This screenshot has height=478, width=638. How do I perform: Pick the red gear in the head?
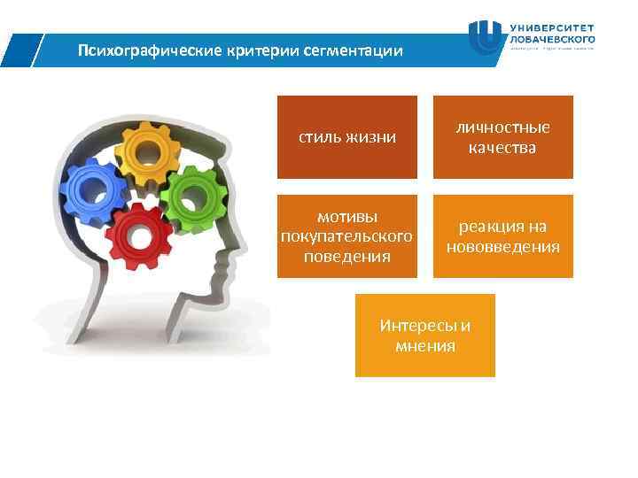point(140,236)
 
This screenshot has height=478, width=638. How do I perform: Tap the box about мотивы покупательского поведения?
point(346,236)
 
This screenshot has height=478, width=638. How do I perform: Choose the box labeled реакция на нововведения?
point(502,236)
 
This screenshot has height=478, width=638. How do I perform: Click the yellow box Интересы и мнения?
point(425,335)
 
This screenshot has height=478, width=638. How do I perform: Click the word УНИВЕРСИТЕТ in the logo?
point(553,27)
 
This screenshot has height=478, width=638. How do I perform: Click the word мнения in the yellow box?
point(425,345)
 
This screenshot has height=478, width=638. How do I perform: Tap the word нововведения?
point(502,246)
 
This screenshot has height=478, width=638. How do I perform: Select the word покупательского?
point(346,236)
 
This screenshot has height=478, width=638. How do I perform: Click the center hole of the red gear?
point(140,237)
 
